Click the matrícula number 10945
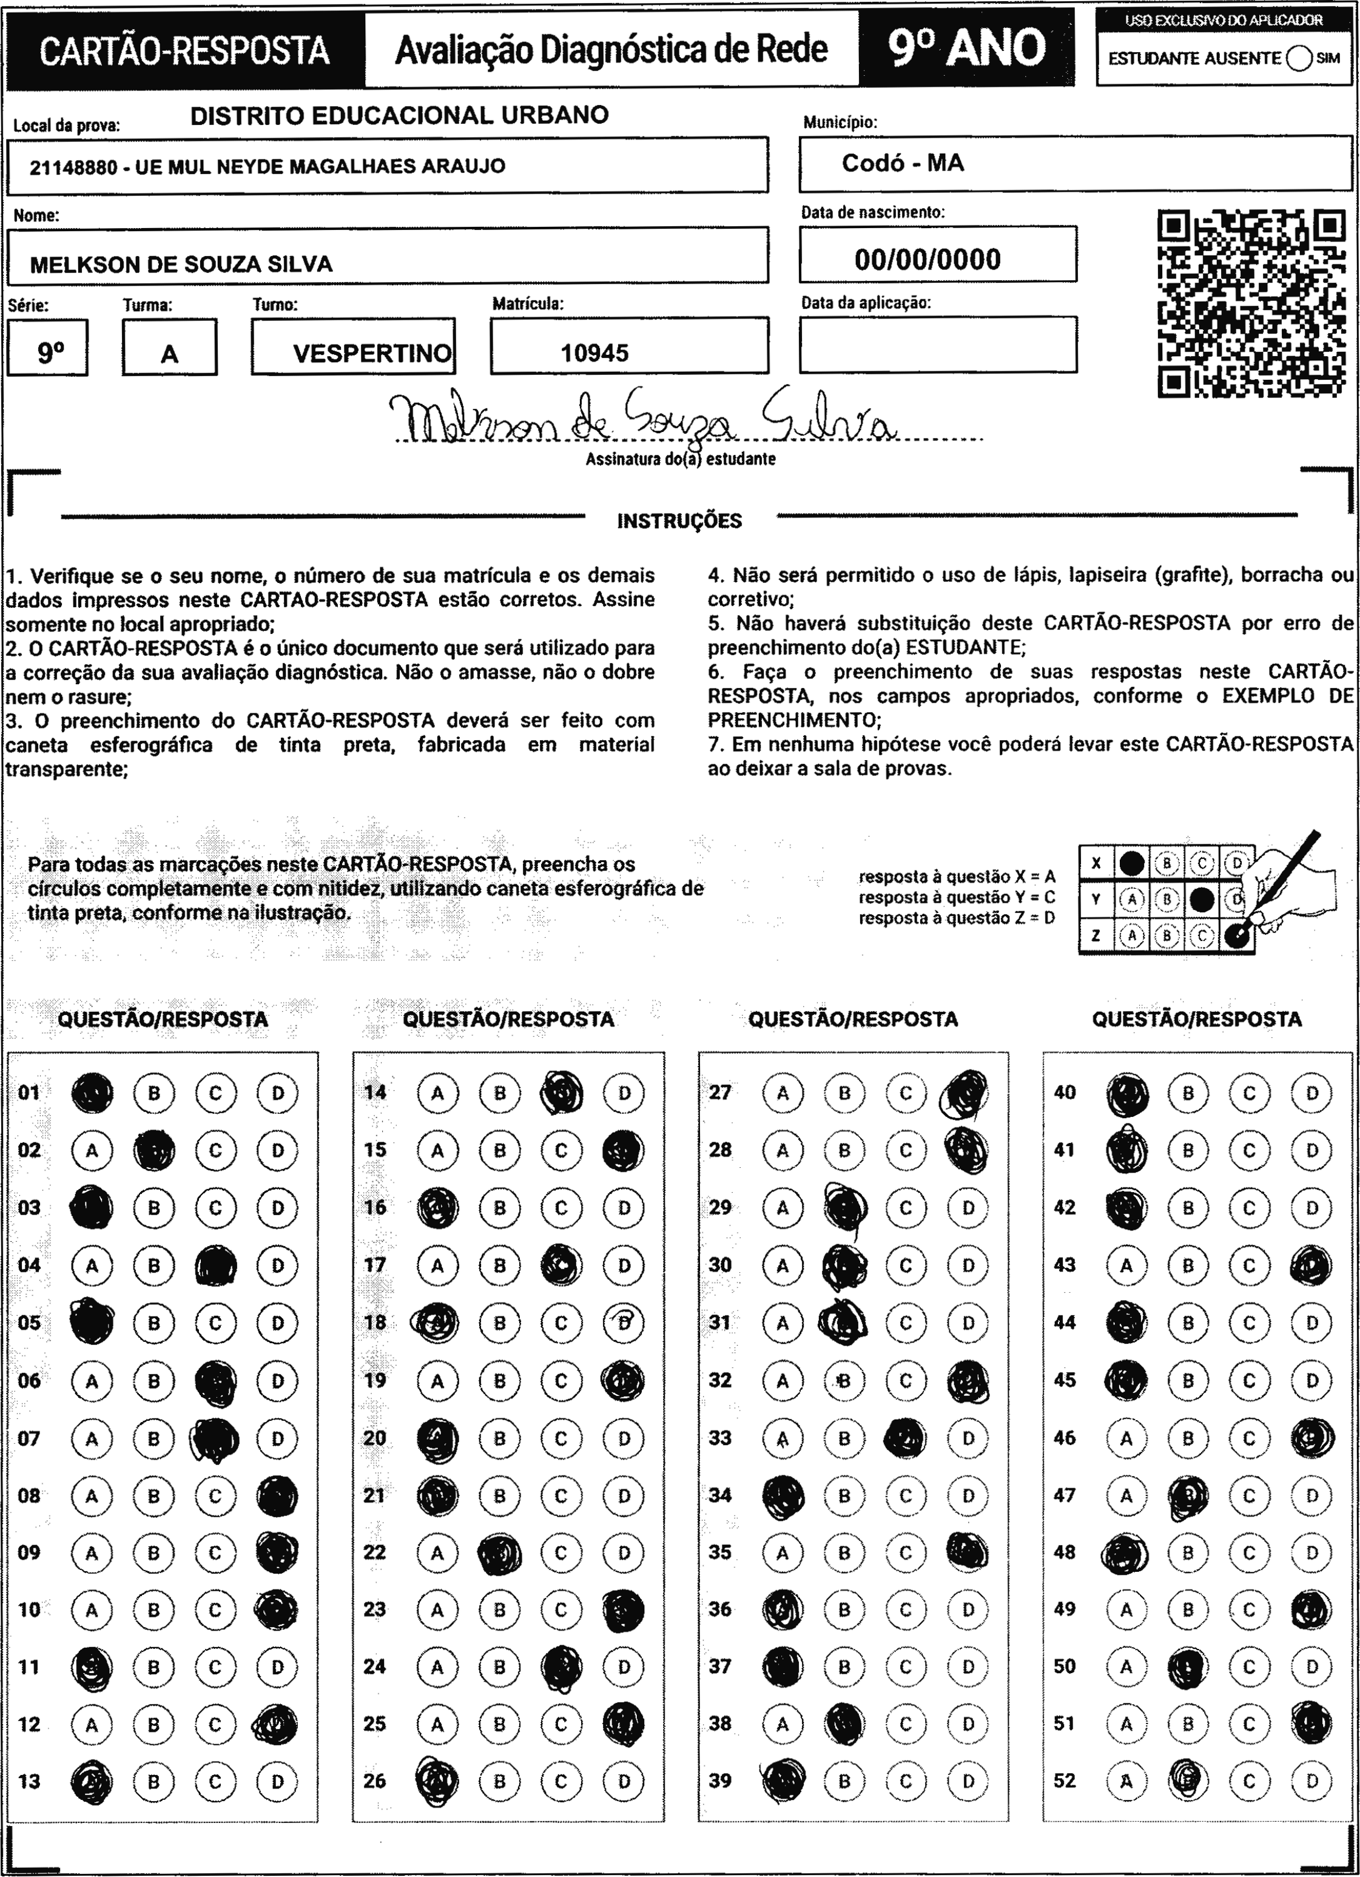coord(594,354)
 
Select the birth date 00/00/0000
coord(927,260)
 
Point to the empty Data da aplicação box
coord(937,345)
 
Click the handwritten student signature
coord(642,419)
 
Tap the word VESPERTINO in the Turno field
coord(372,354)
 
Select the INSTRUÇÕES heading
coord(679,521)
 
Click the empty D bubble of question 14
coord(624,1093)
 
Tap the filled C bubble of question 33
coord(906,1438)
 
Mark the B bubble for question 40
coord(1188,1093)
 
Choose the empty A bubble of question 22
coord(437,1552)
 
